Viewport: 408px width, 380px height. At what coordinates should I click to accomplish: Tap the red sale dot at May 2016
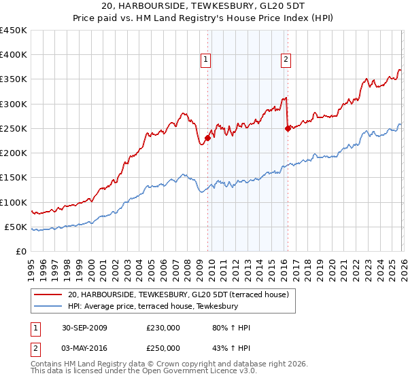click(288, 128)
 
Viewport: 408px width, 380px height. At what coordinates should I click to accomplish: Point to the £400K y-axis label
click(14, 55)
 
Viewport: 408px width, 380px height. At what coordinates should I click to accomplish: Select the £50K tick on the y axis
click(16, 227)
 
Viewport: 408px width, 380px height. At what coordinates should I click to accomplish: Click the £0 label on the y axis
click(22, 251)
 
